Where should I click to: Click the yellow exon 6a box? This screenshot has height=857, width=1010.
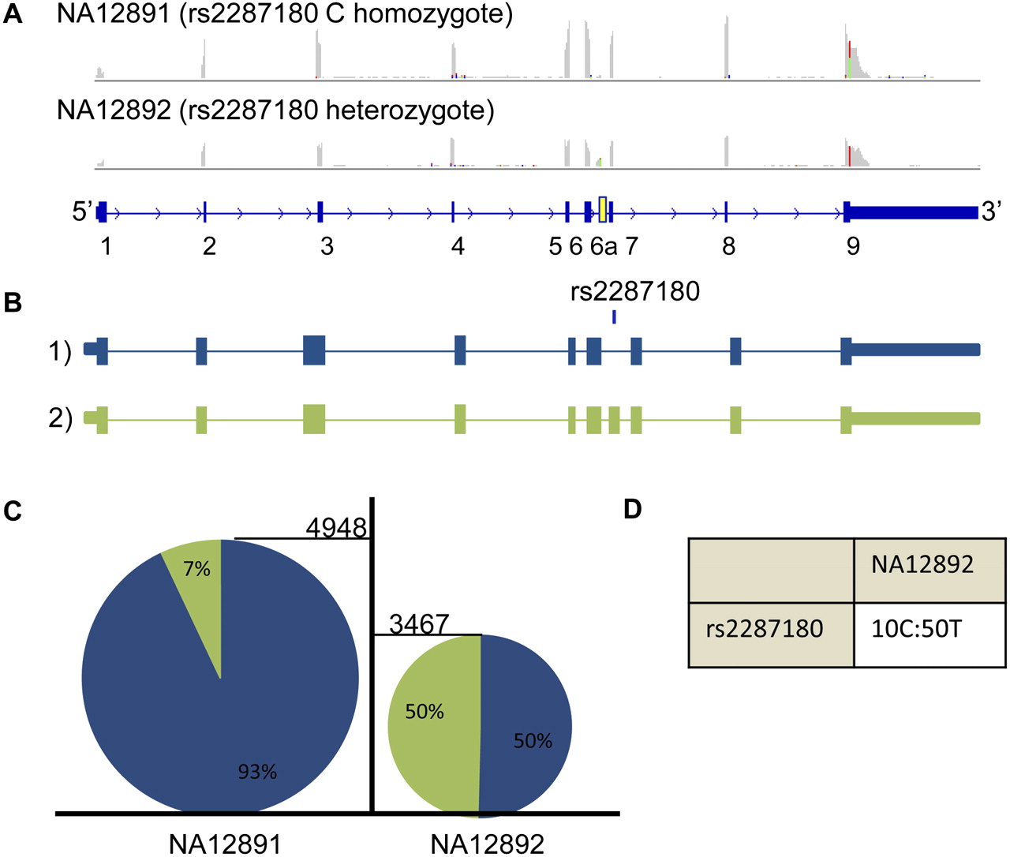603,210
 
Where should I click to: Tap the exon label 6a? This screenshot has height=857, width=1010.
604,246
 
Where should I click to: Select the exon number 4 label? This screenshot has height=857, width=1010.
458,246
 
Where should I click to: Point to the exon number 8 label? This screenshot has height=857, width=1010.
728,246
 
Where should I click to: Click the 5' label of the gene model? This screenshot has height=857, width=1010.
83,211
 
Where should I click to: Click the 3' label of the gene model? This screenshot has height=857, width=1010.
991,211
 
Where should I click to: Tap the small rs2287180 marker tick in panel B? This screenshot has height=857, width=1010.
614,316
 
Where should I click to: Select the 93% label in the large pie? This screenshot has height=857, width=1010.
257,772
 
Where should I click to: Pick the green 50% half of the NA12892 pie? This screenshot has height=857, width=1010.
430,722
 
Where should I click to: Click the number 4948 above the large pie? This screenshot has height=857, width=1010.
336,527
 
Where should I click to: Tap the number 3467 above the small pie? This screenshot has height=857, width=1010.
419,624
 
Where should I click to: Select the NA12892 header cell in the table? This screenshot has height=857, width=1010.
922,564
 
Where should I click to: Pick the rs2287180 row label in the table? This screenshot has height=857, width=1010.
765,630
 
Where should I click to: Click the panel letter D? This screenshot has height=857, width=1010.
632,510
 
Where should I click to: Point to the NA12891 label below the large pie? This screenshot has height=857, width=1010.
225,844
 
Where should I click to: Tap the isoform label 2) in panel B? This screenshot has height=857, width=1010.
60,418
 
